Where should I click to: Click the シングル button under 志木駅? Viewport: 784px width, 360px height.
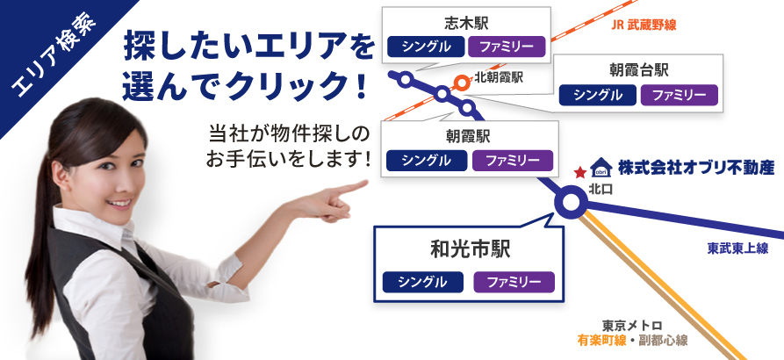click(427, 47)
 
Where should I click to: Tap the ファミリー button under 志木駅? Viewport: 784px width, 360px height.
click(507, 47)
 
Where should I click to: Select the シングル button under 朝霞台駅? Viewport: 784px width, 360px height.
click(598, 95)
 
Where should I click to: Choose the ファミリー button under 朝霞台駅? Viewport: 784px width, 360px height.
click(679, 95)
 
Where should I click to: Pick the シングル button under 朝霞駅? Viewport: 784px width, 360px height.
click(427, 161)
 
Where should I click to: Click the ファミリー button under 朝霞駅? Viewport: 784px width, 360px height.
click(513, 161)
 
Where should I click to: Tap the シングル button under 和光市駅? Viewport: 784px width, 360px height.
click(423, 282)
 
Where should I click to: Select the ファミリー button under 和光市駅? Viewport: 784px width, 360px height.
click(514, 282)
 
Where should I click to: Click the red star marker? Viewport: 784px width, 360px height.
click(580, 173)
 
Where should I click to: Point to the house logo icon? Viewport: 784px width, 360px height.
click(601, 168)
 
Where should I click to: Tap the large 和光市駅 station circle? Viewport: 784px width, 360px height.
click(571, 203)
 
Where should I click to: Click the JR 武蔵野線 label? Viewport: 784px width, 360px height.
click(644, 25)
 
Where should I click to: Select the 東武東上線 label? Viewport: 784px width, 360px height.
click(737, 248)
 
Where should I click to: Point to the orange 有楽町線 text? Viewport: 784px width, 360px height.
click(601, 341)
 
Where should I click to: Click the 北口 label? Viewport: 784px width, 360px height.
click(601, 190)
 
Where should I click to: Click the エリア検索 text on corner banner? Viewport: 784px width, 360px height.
click(54, 55)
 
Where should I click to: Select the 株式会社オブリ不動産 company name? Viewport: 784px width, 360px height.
click(696, 168)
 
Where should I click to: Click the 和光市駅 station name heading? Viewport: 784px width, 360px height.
click(470, 249)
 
